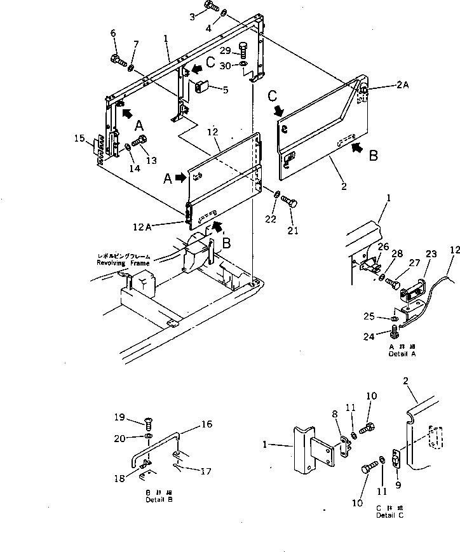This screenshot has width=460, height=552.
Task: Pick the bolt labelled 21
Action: (x=290, y=203)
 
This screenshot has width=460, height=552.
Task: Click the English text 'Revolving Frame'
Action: (x=123, y=262)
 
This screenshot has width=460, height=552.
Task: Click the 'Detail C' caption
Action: (x=388, y=515)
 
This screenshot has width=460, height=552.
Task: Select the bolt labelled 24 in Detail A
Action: (x=395, y=330)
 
